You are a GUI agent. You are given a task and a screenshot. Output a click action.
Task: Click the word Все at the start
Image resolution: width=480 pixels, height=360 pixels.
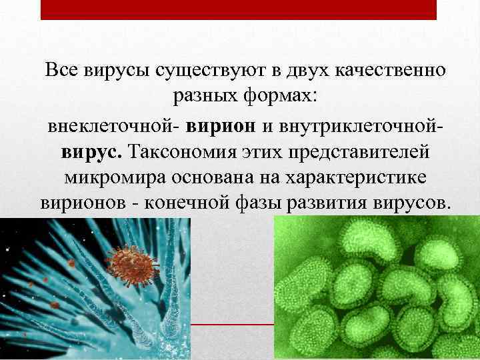(x=61, y=70)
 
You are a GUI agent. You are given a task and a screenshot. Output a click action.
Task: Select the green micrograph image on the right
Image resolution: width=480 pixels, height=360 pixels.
(x=377, y=287)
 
